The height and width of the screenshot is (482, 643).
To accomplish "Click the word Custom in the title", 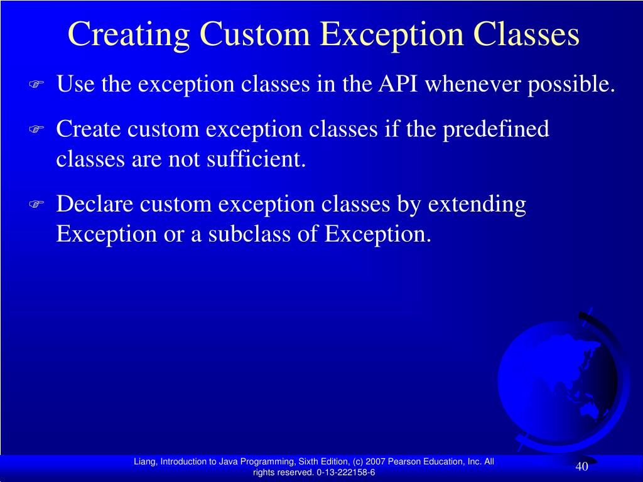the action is [255, 34].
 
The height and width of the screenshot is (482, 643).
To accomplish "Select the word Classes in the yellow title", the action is [526, 34].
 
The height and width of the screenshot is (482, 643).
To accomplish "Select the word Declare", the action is [95, 203].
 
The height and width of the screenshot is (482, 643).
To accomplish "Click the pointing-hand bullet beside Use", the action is [36, 84].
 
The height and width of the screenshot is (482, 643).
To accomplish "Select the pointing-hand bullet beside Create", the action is [36, 129].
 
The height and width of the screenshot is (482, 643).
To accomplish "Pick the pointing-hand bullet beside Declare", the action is [36, 204].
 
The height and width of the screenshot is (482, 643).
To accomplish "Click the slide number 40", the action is [582, 466].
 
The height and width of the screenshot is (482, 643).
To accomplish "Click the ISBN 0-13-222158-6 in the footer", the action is [346, 472].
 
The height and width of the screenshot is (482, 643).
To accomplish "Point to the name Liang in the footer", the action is [145, 462].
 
